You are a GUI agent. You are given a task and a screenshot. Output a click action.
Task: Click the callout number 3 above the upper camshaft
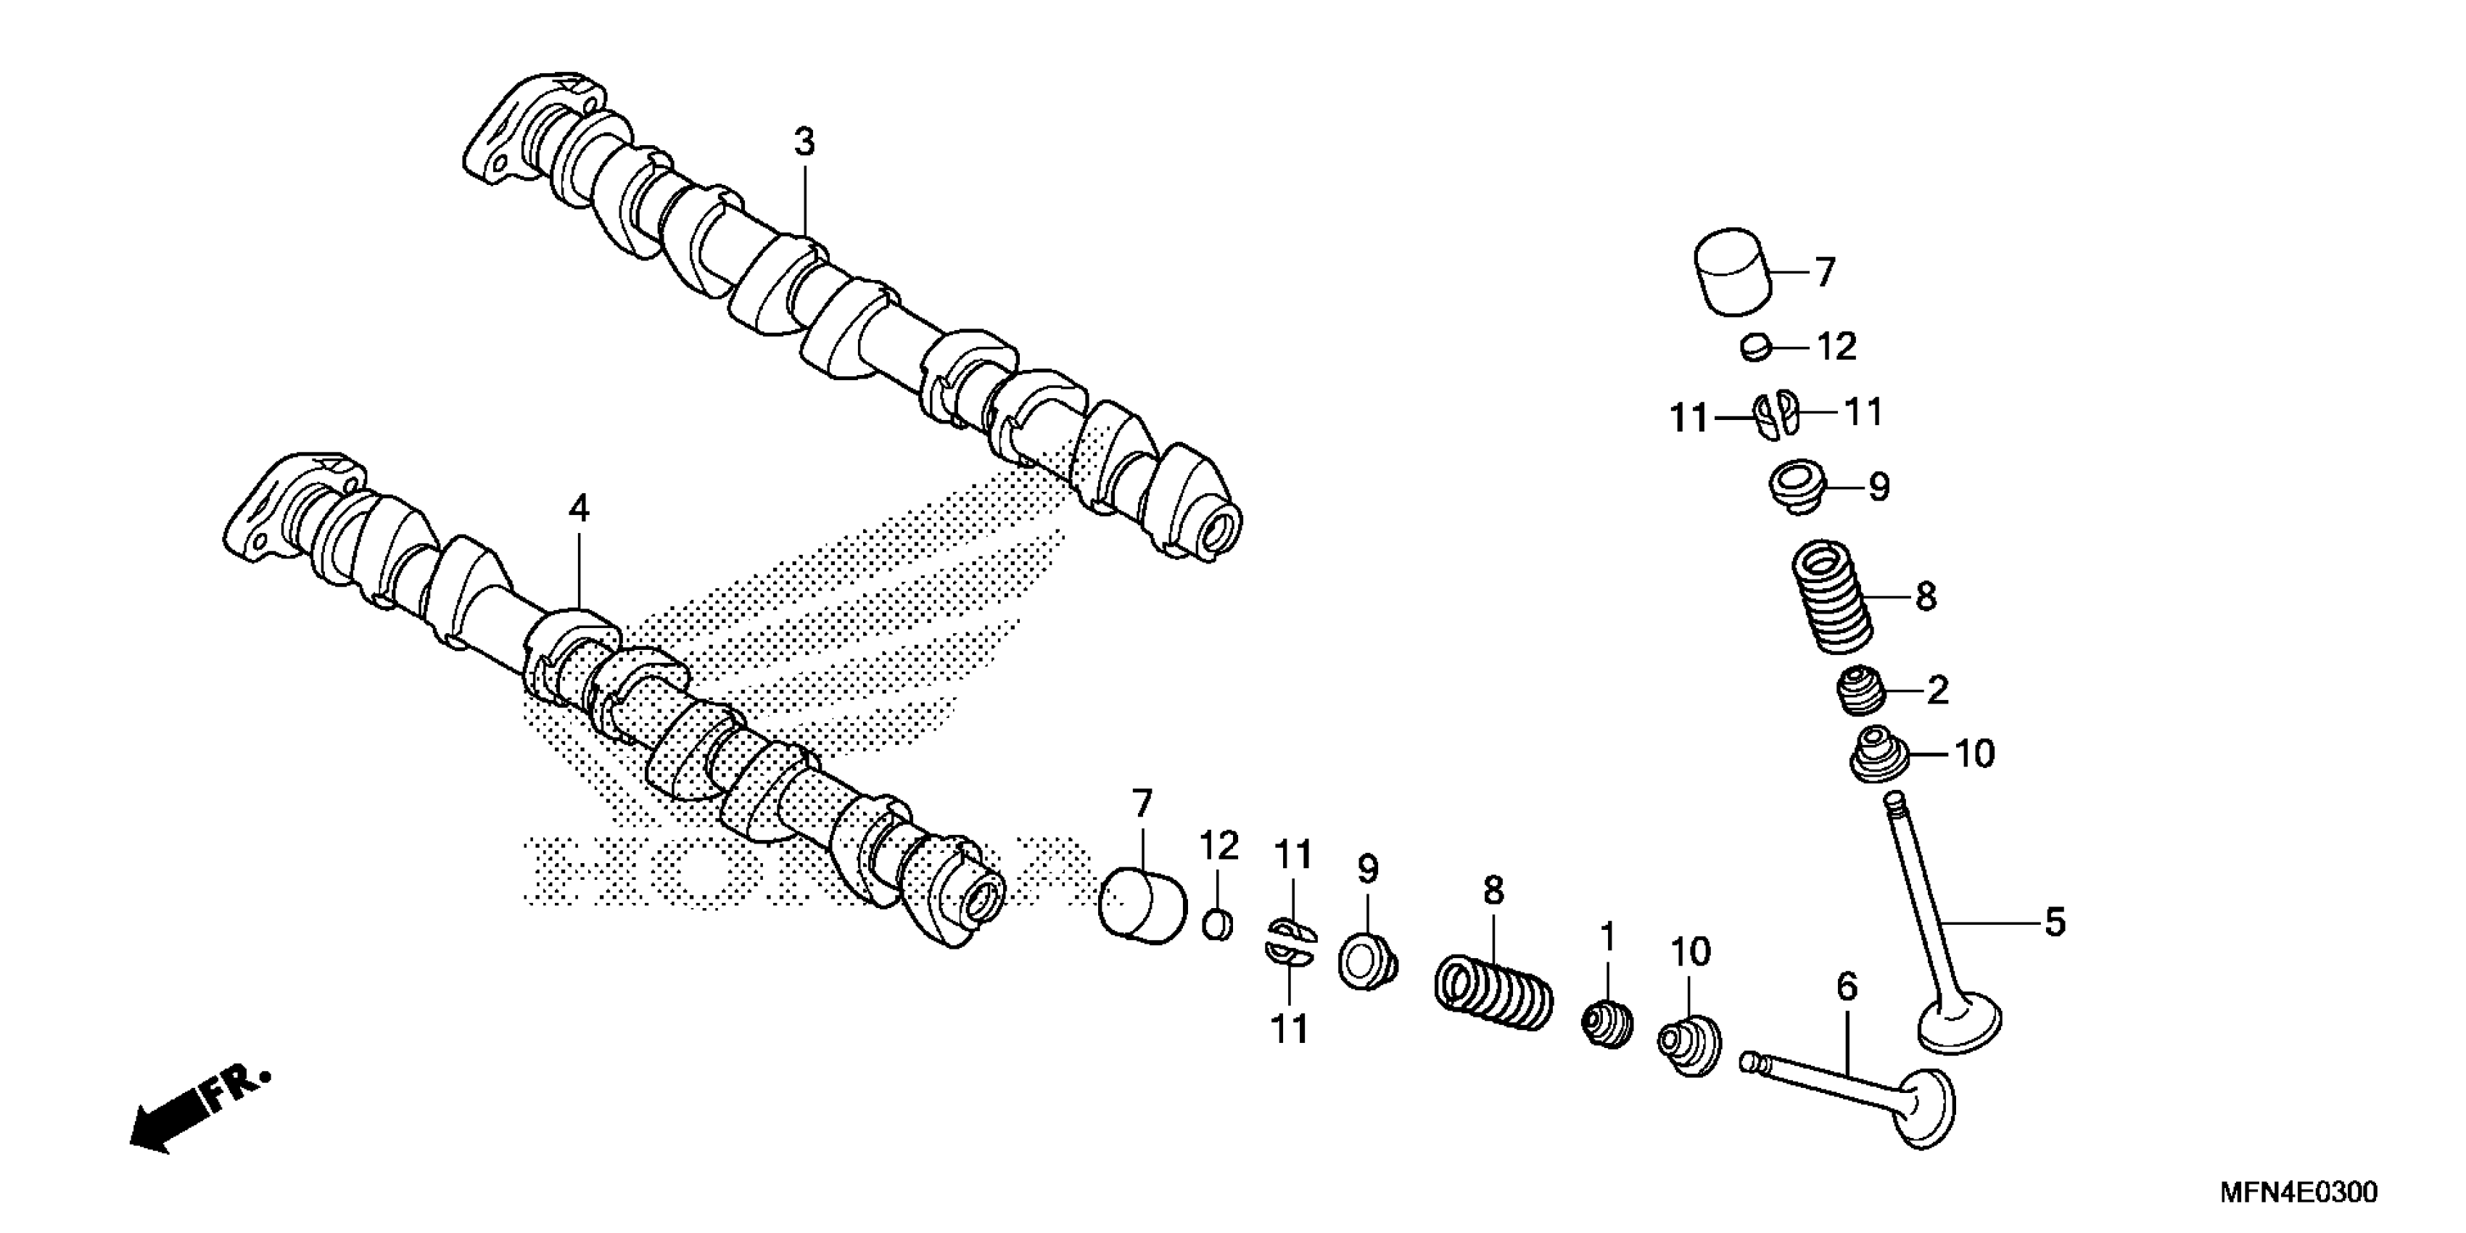pos(804,143)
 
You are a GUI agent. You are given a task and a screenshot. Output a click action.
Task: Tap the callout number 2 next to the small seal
pos(1937,690)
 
